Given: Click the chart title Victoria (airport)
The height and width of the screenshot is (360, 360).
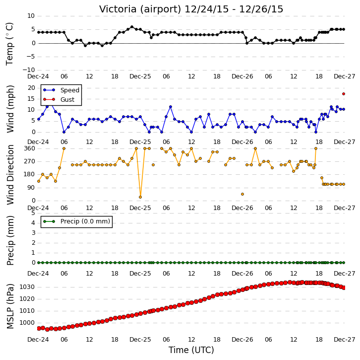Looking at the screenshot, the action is pyautogui.click(x=140, y=9).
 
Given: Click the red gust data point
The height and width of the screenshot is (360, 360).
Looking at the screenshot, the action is pyautogui.click(x=344, y=94).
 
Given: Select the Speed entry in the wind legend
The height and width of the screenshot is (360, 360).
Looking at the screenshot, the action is pyautogui.click(x=61, y=90).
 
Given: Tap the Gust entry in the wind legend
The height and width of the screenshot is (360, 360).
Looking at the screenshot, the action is pyautogui.click(x=59, y=99).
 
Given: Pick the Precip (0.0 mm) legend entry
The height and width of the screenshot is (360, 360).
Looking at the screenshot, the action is pyautogui.click(x=76, y=221).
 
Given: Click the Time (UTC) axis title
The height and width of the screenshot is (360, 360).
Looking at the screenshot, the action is pyautogui.click(x=191, y=350).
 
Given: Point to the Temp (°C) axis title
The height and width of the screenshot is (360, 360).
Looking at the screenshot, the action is pyautogui.click(x=9, y=44).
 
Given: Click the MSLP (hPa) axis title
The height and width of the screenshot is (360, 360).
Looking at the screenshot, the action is pyautogui.click(x=10, y=306).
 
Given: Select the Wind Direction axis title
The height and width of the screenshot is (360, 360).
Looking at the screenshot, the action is pyautogui.click(x=10, y=175).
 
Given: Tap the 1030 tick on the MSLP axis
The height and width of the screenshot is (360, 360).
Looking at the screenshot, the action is pyautogui.click(x=27, y=287).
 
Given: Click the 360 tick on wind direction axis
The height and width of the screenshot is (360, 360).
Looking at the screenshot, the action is pyautogui.click(x=29, y=148).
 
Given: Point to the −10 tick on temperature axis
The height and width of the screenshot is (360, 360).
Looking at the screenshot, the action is pyautogui.click(x=28, y=70).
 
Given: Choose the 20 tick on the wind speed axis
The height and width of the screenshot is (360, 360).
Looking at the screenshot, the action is pyautogui.click(x=31, y=88).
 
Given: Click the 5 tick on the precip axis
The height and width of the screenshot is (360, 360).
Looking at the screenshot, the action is pyautogui.click(x=33, y=213).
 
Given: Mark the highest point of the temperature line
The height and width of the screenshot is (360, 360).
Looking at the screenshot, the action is pyautogui.click(x=132, y=27).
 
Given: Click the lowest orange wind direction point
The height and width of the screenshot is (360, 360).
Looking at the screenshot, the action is pyautogui.click(x=140, y=197).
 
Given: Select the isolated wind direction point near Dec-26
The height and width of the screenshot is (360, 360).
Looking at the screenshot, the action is pyautogui.click(x=242, y=194).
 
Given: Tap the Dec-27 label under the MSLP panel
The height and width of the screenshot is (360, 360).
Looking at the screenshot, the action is pyautogui.click(x=345, y=340).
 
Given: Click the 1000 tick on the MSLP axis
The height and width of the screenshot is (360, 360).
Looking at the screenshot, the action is pyautogui.click(x=27, y=323).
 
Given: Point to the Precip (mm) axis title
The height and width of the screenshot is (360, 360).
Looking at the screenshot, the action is pyautogui.click(x=10, y=240).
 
